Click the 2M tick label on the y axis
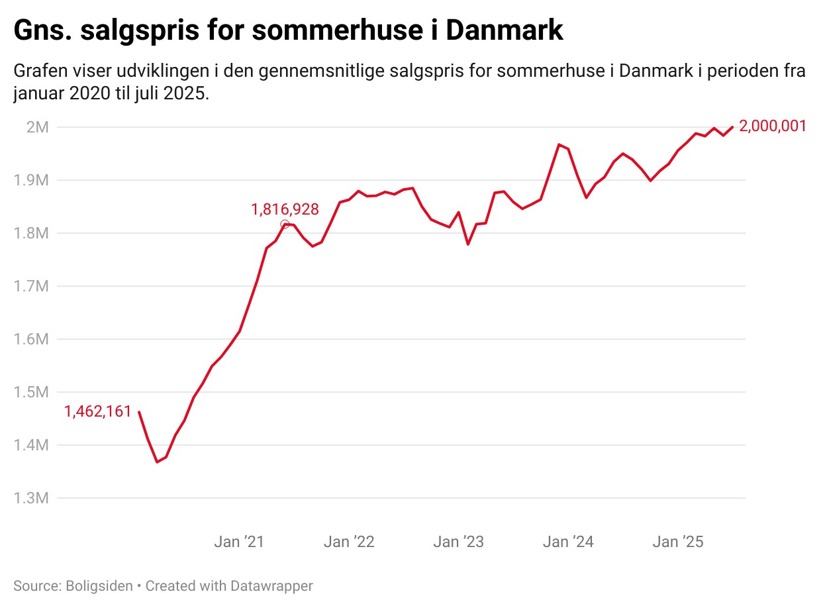pyautogui.click(x=37, y=127)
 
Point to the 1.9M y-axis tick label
pyautogui.click(x=31, y=180)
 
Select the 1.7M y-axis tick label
pyautogui.click(x=31, y=286)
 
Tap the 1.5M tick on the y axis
pyautogui.click(x=31, y=392)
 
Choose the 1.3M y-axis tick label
pyautogui.click(x=31, y=498)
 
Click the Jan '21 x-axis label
pyautogui.click(x=239, y=542)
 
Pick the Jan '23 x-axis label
pyautogui.click(x=458, y=542)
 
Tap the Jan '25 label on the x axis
pyautogui.click(x=677, y=542)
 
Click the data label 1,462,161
pyautogui.click(x=98, y=411)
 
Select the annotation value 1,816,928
pyautogui.click(x=285, y=209)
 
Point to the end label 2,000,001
pyautogui.click(x=773, y=127)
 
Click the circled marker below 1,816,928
pyautogui.click(x=285, y=224)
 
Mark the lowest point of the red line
pyautogui.click(x=157, y=462)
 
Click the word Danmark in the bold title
pyautogui.click(x=505, y=30)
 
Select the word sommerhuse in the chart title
pyautogui.click(x=337, y=30)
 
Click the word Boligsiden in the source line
pyautogui.click(x=99, y=586)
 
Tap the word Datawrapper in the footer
pyautogui.click(x=271, y=586)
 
